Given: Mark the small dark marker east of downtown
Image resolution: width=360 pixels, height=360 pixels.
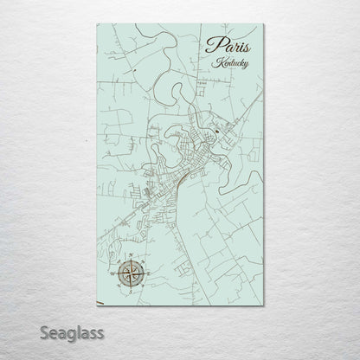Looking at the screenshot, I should pos(218,131).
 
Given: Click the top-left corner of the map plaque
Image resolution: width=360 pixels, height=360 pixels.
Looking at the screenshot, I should pos(95,24).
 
